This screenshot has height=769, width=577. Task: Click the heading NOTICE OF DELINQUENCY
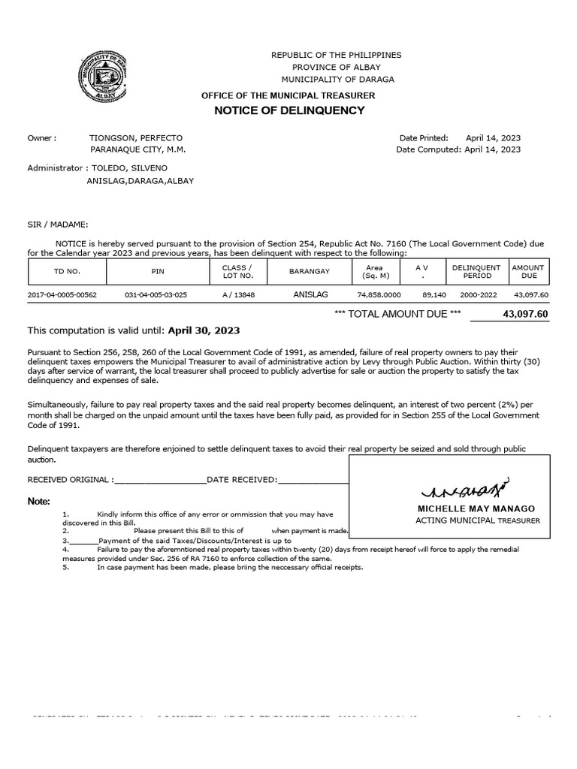(289, 110)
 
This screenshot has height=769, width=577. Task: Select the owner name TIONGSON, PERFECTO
(135, 138)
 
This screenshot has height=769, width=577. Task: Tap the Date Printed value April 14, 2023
(493, 138)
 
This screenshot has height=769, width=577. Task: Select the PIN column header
(157, 271)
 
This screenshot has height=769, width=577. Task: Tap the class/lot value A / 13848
(238, 295)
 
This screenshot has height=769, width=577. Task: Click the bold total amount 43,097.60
(525, 313)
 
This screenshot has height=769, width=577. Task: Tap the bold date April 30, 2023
(204, 330)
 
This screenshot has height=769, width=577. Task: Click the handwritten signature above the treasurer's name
(467, 490)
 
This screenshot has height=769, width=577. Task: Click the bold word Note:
(39, 501)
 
